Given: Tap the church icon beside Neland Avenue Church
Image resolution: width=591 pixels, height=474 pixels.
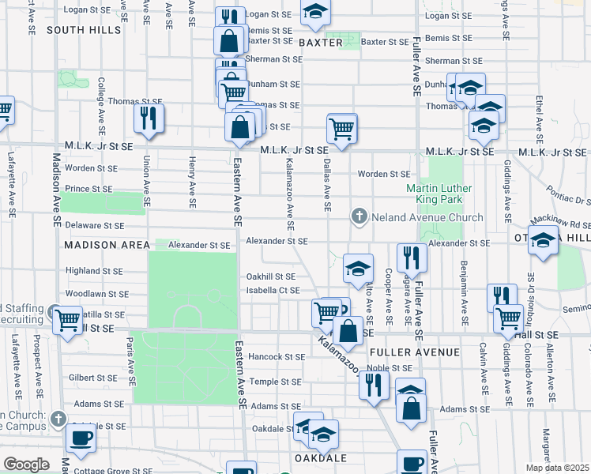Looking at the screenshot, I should (359, 216).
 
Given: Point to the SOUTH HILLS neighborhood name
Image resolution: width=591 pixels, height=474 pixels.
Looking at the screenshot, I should (84, 30).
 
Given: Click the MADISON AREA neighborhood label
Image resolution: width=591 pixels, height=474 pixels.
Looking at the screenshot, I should (107, 245).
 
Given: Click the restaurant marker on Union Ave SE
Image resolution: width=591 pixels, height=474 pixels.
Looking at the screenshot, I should (148, 118).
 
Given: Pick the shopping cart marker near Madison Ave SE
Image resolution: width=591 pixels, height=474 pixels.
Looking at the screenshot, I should (67, 320).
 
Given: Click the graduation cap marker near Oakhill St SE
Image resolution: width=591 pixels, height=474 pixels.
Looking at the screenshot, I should (358, 268).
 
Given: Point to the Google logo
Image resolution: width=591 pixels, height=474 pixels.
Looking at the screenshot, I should (26, 465).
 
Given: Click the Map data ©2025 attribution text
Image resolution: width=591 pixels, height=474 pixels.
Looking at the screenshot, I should (557, 468).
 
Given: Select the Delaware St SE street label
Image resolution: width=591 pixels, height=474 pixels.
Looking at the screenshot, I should (95, 225).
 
